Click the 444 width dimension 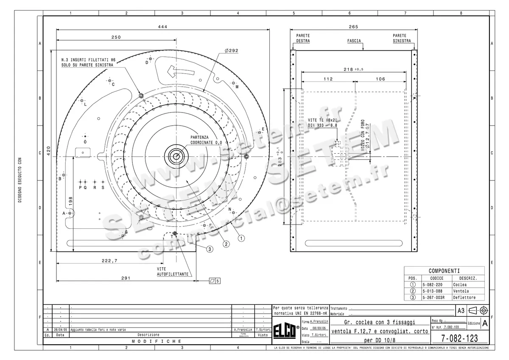[x=162, y=27]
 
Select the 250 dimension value [x=116, y=37]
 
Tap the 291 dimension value [x=126, y=278]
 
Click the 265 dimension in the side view [x=353, y=27]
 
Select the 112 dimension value [x=328, y=79]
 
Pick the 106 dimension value [x=380, y=79]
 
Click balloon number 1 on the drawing [x=241, y=238]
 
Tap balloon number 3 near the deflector [x=210, y=249]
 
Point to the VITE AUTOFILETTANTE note [x=173, y=272]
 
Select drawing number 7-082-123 [x=459, y=338]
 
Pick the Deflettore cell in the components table [x=464, y=298]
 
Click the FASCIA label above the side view [x=354, y=41]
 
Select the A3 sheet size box [x=461, y=311]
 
